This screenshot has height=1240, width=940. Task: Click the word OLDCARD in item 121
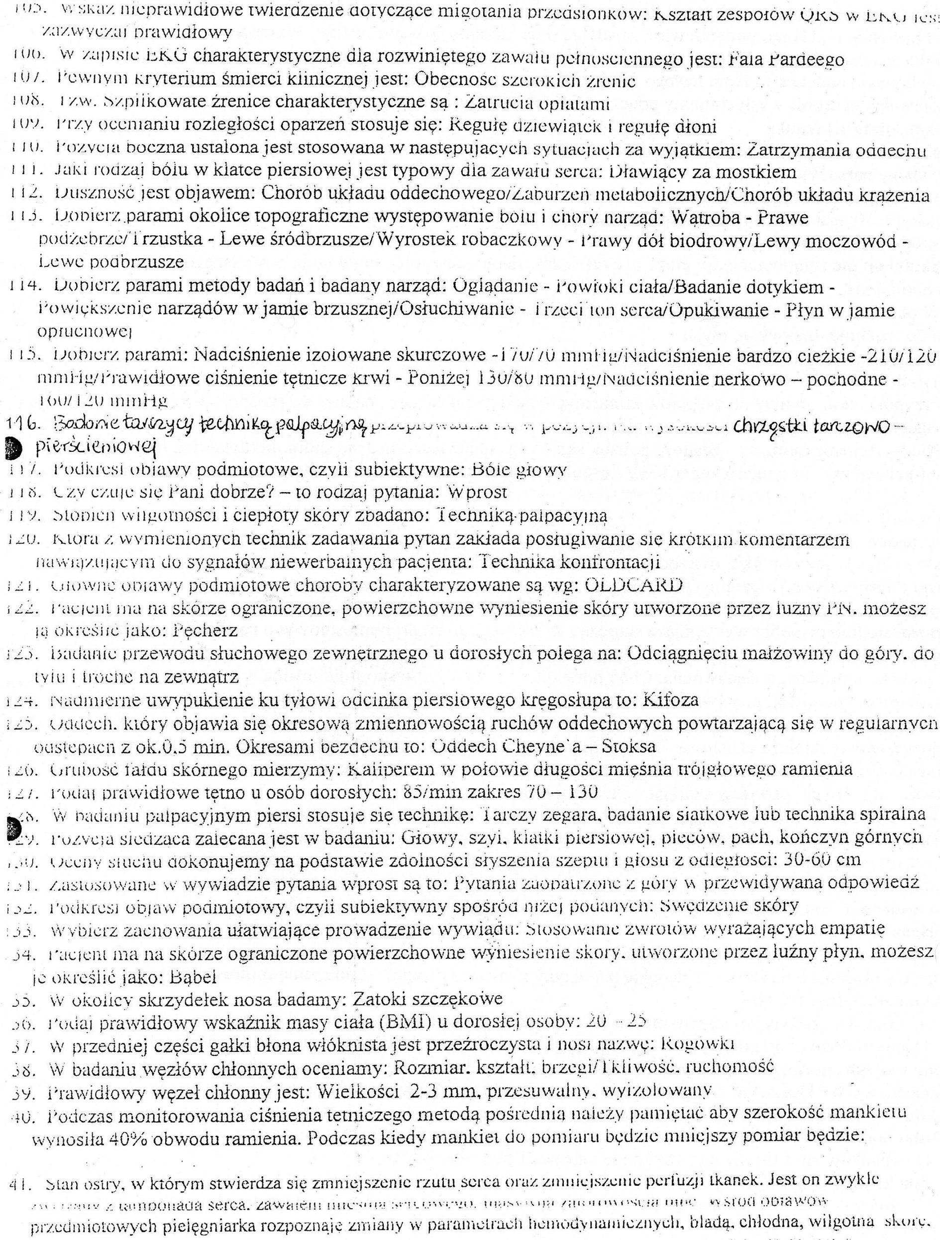click(633, 585)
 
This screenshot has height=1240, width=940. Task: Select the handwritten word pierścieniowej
click(95, 447)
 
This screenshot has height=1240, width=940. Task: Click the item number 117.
click(23, 470)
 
